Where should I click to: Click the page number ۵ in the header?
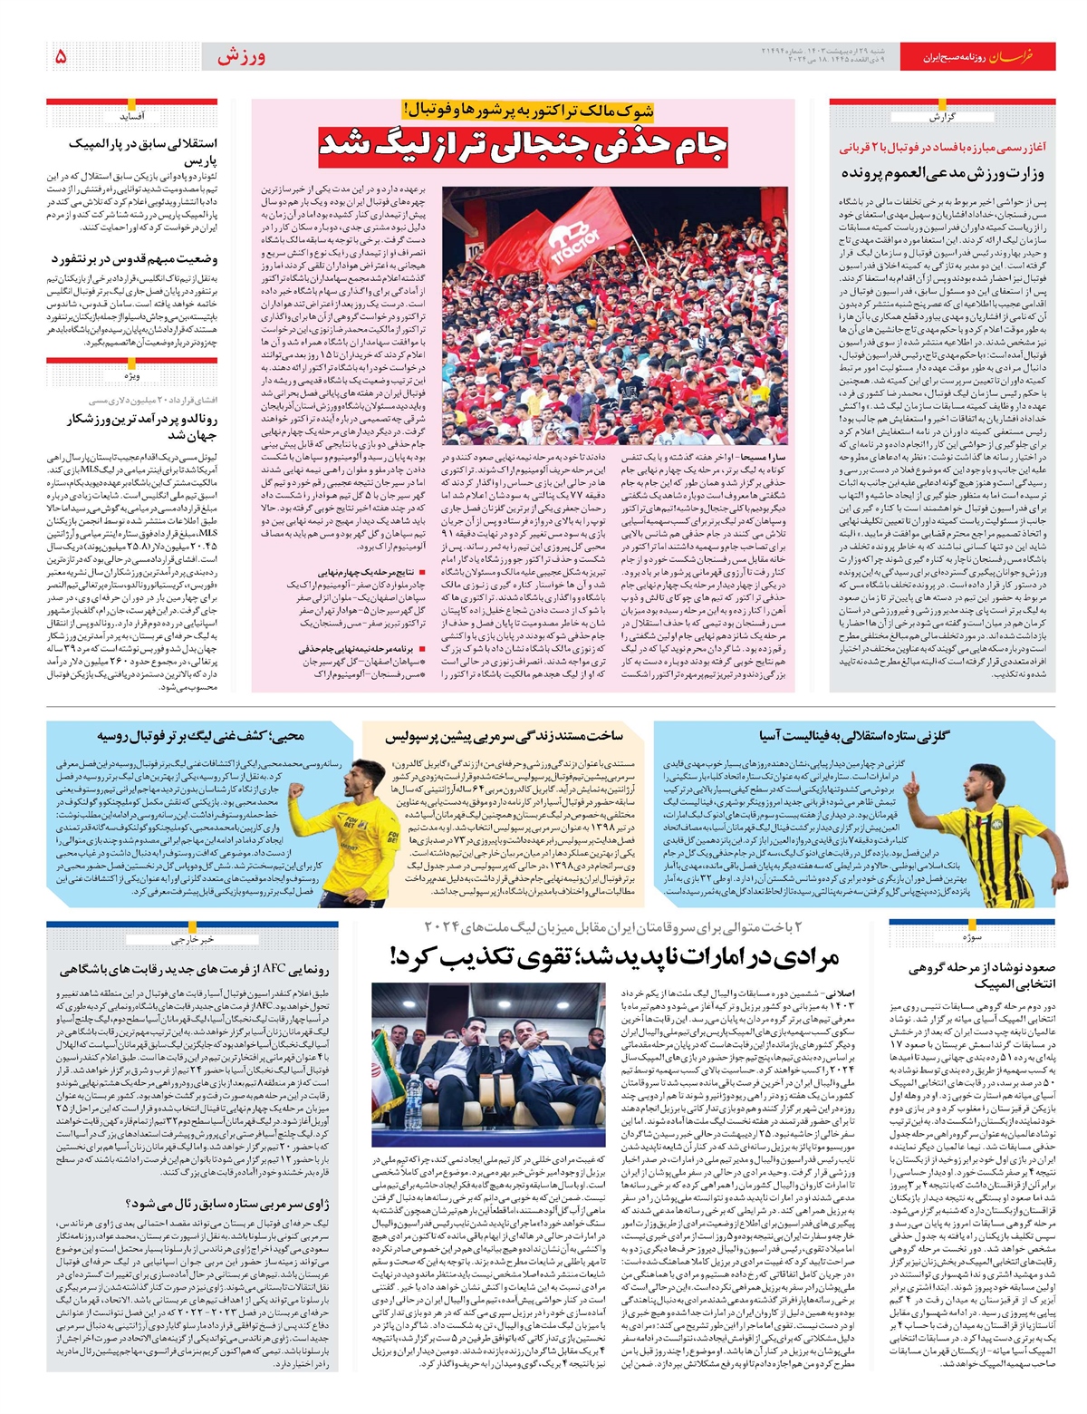61,56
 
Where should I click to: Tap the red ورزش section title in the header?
241,56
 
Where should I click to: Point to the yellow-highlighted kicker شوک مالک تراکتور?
526,111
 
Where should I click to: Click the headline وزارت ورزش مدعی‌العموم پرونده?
942,172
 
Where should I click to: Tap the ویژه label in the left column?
132,375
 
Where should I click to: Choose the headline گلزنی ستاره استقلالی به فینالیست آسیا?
853,735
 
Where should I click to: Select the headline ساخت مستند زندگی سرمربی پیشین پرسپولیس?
504,736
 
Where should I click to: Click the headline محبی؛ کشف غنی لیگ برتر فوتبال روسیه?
201,736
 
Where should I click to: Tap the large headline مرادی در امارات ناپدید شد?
613,956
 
